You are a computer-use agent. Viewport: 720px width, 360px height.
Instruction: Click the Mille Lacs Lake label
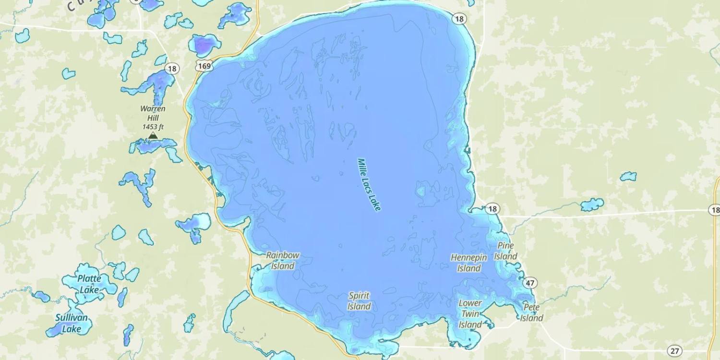[x=369, y=185]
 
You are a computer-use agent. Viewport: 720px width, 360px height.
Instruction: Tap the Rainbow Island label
[x=283, y=261]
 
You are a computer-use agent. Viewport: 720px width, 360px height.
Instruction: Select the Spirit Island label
[x=360, y=301]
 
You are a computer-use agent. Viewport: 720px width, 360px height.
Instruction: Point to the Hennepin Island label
[x=469, y=263]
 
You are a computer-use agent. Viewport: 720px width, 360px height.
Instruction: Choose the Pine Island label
[x=506, y=251]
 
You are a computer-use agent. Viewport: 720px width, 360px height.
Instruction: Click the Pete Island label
[x=531, y=312]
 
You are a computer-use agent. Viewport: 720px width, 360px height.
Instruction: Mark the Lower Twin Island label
[x=470, y=314]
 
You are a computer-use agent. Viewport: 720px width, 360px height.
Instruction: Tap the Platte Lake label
[x=89, y=284]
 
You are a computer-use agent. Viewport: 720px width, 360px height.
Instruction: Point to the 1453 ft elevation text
[x=153, y=127]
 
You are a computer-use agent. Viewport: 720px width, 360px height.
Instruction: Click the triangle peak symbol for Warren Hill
[x=153, y=136]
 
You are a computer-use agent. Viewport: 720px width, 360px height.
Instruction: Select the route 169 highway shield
[x=204, y=66]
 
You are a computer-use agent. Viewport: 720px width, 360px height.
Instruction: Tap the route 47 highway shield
[x=530, y=283]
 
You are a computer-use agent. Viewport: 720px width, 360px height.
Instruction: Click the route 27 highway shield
[x=675, y=351]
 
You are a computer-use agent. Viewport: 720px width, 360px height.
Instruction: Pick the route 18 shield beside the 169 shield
[x=172, y=69]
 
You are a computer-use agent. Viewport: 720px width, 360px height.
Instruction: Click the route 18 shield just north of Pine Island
[x=492, y=209]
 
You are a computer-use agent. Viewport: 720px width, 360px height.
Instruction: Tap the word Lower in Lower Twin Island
[x=470, y=303]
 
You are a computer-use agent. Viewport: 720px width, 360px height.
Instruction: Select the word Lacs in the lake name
[x=369, y=184]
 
